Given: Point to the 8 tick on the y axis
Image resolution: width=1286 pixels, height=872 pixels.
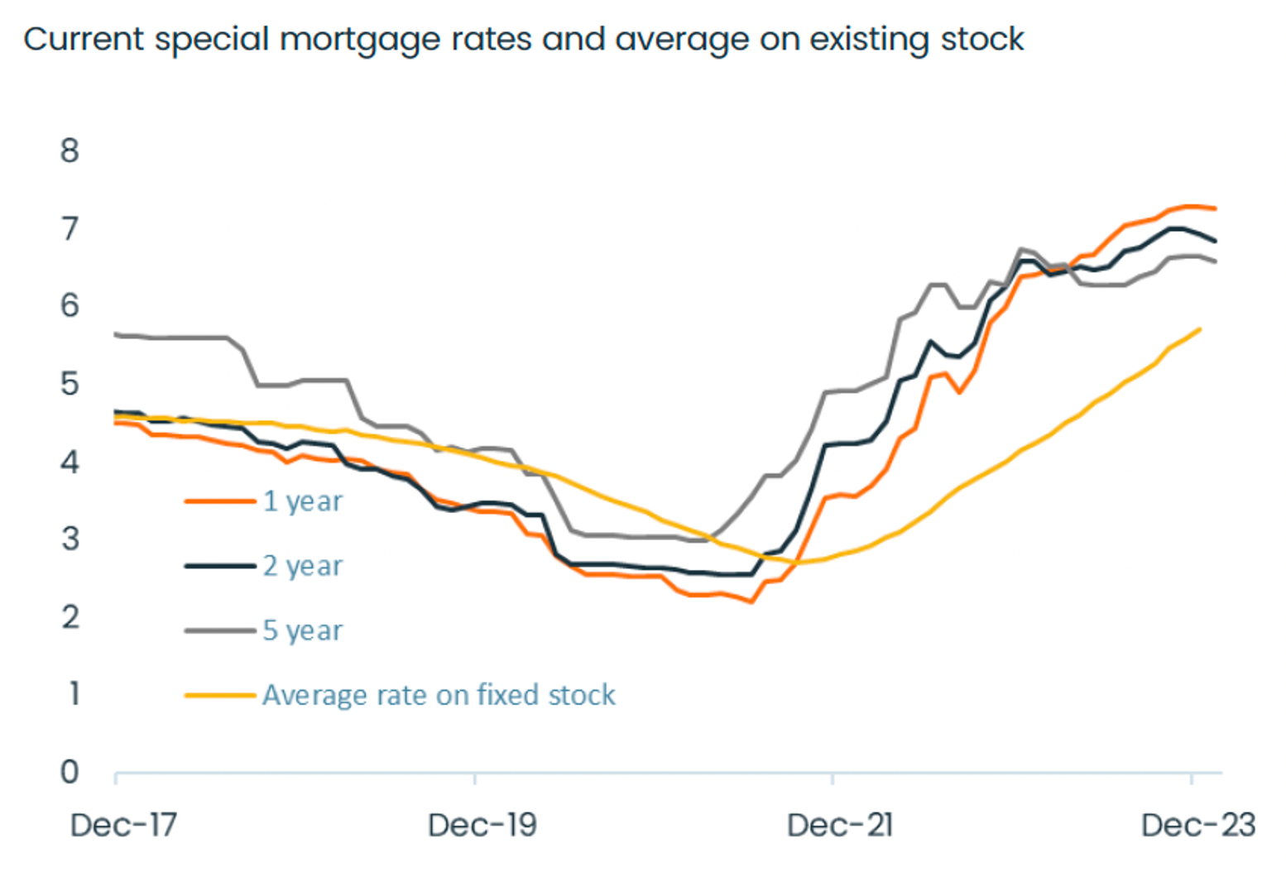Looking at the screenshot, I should click(70, 151).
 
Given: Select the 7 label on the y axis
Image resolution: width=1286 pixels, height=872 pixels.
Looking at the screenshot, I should click(70, 228).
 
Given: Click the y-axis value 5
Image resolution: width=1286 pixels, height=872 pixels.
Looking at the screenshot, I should click(70, 384).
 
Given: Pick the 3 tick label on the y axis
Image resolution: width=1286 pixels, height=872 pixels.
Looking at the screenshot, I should click(70, 539).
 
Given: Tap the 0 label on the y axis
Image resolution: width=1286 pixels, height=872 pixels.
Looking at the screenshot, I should click(70, 772).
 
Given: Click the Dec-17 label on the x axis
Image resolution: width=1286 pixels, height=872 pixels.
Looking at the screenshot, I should click(123, 825).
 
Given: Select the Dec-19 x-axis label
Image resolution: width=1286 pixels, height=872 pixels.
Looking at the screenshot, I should click(482, 825).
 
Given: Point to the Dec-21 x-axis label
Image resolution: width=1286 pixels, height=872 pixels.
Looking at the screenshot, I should click(840, 825).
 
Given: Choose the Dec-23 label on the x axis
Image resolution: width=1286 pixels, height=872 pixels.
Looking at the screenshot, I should click(1197, 825).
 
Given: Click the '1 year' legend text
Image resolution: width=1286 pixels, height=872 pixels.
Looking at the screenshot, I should click(302, 501).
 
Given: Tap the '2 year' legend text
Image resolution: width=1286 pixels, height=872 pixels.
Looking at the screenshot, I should click(302, 566).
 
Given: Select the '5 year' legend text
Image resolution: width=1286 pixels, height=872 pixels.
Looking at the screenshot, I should click(302, 630).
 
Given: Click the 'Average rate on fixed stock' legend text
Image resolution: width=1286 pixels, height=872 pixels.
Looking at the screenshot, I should click(439, 695).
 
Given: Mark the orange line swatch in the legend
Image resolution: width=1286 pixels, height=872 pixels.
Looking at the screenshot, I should click(220, 501).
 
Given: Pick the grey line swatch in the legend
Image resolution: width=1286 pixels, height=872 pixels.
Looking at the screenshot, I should click(220, 630).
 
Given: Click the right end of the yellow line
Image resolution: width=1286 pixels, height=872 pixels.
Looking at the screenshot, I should click(1200, 329).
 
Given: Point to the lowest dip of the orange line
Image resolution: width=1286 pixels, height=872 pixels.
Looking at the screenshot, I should click(751, 601).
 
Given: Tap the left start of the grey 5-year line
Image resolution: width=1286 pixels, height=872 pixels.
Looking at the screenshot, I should click(116, 334).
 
